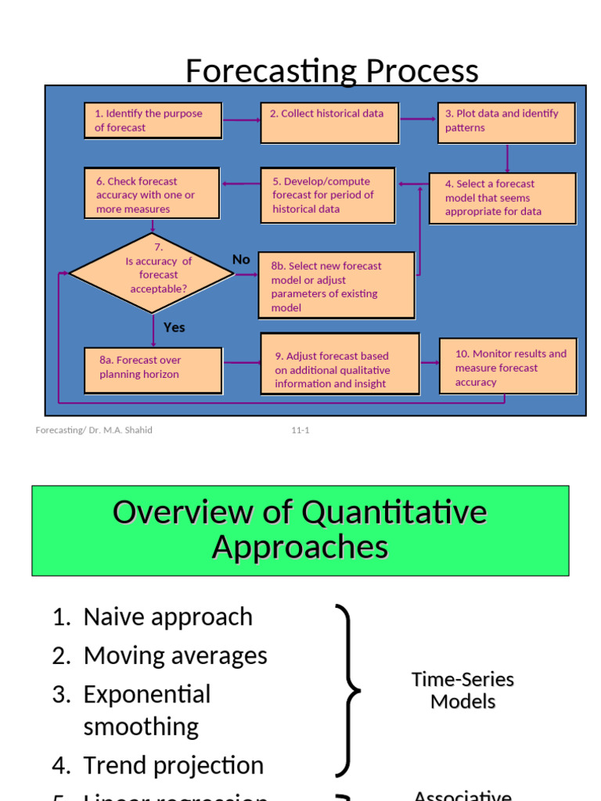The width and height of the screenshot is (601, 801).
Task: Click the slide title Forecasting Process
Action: [x=332, y=71]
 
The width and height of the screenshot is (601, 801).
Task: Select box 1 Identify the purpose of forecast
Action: [x=152, y=120]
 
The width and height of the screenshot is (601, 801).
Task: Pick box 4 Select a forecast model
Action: [x=502, y=198]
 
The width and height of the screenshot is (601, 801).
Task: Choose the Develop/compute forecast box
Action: [x=327, y=196]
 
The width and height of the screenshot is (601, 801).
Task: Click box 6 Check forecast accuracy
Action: [x=152, y=194]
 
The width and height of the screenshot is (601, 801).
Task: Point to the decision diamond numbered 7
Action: [x=152, y=273]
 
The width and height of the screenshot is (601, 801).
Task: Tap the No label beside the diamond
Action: [x=241, y=260]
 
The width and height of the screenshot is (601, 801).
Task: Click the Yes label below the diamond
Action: [x=175, y=327]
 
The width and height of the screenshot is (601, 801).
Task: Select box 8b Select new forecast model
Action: [x=336, y=286]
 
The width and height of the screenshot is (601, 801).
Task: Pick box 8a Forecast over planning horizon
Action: [x=152, y=369]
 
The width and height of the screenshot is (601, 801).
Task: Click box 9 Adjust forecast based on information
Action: [x=340, y=364]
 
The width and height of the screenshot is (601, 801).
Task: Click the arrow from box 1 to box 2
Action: [x=241, y=120]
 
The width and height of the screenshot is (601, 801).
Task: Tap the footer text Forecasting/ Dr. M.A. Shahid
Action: [x=94, y=430]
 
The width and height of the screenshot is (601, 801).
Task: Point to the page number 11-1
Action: [x=300, y=430]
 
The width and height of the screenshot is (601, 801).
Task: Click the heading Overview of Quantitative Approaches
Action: [x=300, y=530]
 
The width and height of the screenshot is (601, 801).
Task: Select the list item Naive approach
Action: [x=167, y=616]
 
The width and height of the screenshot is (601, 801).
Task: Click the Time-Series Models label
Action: [x=463, y=690]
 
